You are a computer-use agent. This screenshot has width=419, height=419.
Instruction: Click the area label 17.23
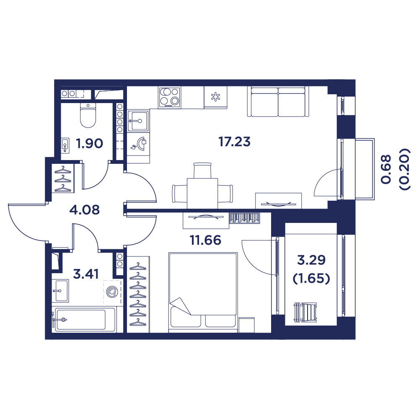[234, 142]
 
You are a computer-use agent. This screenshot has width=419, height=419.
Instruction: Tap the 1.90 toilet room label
[89, 143]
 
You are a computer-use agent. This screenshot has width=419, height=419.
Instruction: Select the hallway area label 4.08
[85, 210]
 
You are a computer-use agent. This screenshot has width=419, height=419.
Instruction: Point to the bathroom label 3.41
[86, 274]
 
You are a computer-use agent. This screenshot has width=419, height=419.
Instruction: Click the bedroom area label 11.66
[205, 240]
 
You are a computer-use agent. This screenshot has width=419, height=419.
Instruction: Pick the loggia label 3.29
[311, 260]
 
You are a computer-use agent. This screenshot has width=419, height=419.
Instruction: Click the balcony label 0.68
[386, 169]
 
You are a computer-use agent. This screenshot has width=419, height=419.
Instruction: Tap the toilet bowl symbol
[88, 116]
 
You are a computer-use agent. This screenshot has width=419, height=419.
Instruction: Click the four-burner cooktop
[169, 97]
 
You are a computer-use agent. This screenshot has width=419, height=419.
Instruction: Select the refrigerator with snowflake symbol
[215, 97]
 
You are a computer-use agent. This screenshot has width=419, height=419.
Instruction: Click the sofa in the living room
[278, 101]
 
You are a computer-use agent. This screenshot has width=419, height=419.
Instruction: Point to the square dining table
[202, 194]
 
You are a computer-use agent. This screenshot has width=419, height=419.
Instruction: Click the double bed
[203, 292]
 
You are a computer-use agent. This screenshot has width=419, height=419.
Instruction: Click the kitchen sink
[138, 122]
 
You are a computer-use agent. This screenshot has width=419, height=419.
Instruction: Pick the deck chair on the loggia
[305, 312]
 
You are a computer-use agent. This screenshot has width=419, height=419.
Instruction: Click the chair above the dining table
[202, 171]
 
